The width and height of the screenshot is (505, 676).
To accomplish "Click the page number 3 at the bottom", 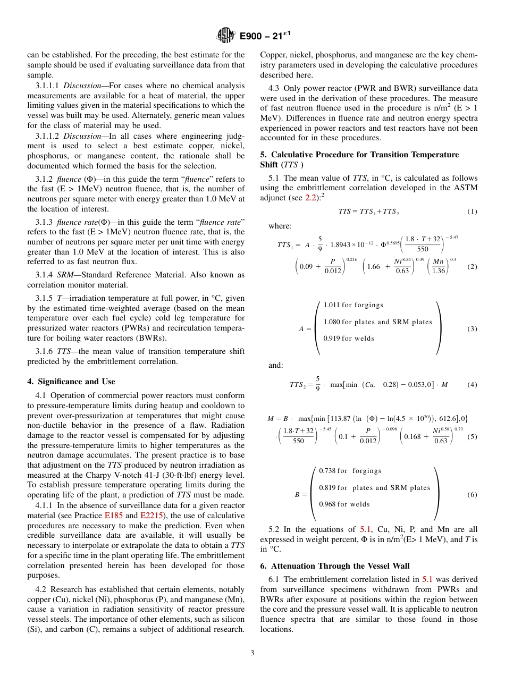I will pyautogui.click(x=252, y=653).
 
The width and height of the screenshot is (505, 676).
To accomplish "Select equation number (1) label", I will pyautogui.click(x=472, y=212).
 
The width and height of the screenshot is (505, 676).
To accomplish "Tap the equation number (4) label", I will pyautogui.click(x=472, y=384).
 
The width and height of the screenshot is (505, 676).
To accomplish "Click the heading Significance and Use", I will pyautogui.click(x=71, y=382).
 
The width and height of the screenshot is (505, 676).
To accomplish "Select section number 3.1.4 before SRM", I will pyautogui.click(x=46, y=275).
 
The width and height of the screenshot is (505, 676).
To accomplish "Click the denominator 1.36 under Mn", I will pyautogui.click(x=439, y=271).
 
